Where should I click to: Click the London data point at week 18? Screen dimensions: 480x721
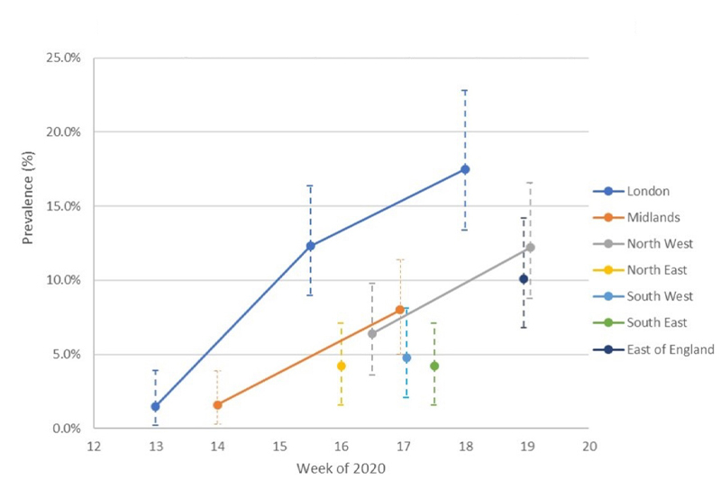[x=465, y=169]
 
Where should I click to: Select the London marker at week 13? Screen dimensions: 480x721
[x=156, y=406]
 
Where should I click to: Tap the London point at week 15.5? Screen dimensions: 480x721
[x=311, y=246]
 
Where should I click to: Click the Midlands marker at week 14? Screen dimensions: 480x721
[x=217, y=405]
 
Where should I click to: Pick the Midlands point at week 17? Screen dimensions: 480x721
[x=400, y=310]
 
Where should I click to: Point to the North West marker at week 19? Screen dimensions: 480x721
[x=530, y=247]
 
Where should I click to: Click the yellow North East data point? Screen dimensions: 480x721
[x=341, y=366]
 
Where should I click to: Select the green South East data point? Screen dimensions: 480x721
[x=434, y=366]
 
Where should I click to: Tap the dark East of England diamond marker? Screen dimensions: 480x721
[x=523, y=279]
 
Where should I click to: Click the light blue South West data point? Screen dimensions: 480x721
[x=406, y=358]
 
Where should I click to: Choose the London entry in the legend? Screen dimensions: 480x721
[x=649, y=191]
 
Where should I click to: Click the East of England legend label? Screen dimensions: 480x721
[x=671, y=349]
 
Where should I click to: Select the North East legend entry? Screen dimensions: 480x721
[x=657, y=269]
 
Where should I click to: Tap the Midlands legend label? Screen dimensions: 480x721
[x=654, y=217]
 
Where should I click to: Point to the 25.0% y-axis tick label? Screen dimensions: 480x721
[x=64, y=58]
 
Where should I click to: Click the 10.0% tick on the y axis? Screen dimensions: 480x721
[x=64, y=280]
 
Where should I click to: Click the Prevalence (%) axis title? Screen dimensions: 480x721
[x=31, y=243]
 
